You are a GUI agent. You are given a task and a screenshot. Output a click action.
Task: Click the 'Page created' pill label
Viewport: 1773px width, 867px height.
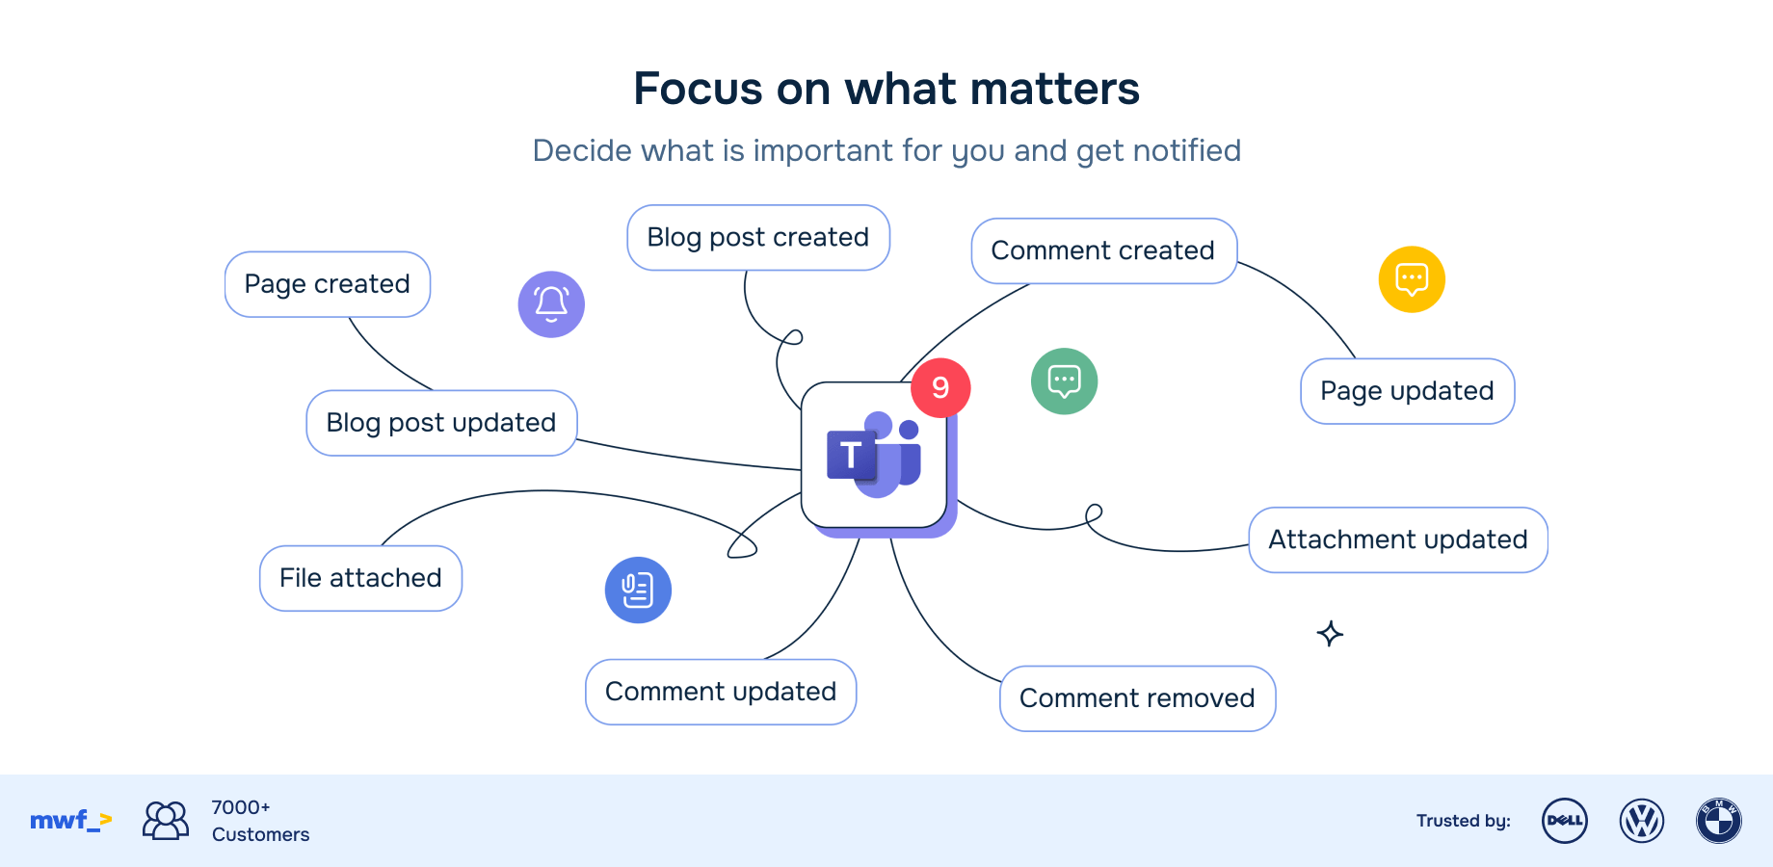tap(328, 284)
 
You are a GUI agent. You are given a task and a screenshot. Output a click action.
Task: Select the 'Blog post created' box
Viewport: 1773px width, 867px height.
tap(758, 238)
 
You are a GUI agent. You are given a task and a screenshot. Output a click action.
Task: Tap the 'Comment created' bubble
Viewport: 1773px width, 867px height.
tap(1103, 251)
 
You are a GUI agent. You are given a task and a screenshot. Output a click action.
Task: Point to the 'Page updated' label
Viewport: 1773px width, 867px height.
tap(1407, 391)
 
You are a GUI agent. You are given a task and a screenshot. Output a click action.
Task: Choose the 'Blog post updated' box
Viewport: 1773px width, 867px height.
tap(441, 423)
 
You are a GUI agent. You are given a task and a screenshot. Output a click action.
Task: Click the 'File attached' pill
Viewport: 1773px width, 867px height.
tap(360, 578)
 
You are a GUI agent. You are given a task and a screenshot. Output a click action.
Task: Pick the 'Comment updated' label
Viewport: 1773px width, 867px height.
tap(721, 692)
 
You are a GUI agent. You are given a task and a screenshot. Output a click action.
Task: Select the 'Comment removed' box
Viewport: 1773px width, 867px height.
tap(1137, 698)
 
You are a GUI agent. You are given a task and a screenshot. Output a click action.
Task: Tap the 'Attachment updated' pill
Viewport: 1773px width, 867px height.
tap(1398, 539)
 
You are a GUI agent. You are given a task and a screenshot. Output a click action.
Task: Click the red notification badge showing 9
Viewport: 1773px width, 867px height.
tap(940, 387)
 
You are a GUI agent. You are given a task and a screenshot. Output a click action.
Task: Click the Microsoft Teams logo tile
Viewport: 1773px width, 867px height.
tap(873, 456)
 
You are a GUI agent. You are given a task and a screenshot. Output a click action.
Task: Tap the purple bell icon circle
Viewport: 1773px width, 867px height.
tap(551, 304)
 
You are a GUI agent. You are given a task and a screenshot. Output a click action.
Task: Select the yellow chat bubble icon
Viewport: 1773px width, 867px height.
tap(1412, 279)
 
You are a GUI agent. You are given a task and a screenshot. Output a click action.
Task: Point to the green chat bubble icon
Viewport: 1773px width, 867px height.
tap(1064, 381)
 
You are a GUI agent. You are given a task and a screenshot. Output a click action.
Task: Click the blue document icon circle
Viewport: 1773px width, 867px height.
tap(638, 591)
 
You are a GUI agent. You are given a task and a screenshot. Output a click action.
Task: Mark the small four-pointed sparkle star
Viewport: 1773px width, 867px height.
tap(1330, 634)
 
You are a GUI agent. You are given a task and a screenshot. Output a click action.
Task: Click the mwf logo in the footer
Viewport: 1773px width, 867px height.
tap(70, 821)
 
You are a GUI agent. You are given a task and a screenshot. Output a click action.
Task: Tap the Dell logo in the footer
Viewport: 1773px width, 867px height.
tap(1565, 821)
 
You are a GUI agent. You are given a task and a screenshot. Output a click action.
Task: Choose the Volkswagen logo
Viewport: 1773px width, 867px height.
tap(1642, 821)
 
